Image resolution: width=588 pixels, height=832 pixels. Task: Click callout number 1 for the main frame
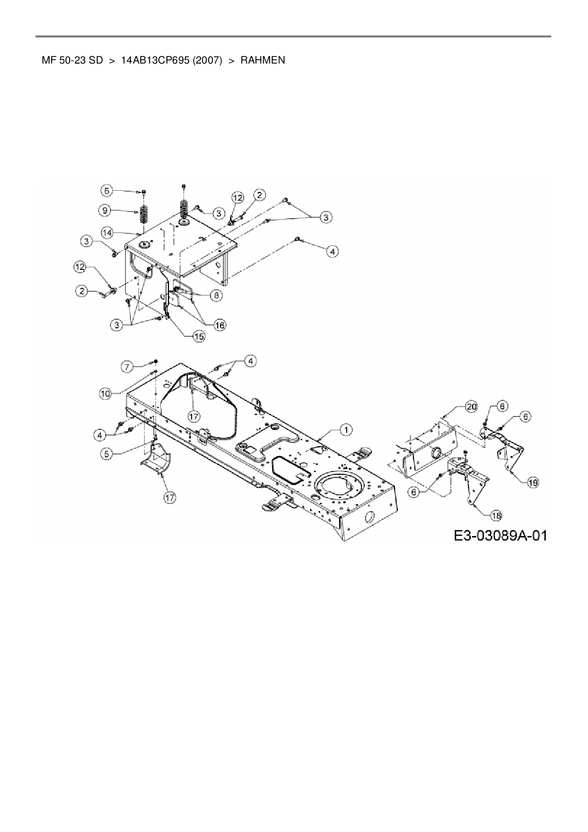point(347,430)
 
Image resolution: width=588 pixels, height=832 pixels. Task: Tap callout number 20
point(471,407)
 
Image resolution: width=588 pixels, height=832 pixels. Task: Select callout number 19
point(533,482)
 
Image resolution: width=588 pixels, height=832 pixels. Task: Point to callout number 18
point(496,515)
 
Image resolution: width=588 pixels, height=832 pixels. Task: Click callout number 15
point(198,336)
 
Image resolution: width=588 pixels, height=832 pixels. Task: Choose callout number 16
point(220,325)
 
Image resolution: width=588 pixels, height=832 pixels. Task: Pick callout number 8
point(216,295)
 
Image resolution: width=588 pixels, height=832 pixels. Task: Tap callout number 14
point(108,232)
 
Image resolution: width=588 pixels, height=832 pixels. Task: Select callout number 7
point(126,366)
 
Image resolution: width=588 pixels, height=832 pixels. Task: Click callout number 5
point(107,454)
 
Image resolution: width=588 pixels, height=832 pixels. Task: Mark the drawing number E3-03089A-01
point(500,536)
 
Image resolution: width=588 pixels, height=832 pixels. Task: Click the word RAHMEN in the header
point(263,60)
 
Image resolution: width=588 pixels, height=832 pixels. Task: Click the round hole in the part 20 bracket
point(436,453)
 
